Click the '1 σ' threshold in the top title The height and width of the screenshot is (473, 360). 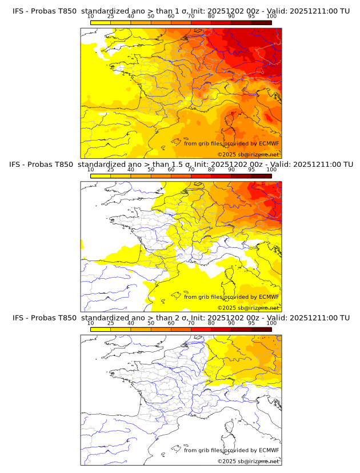[x=187, y=11]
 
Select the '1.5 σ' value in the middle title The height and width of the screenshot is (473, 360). [x=190, y=164]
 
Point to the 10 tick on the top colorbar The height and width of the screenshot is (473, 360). [x=90, y=16]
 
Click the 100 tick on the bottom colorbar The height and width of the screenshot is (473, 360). [x=271, y=323]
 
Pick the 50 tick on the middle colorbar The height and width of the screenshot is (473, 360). [x=151, y=170]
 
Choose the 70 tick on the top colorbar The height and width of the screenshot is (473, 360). [x=191, y=16]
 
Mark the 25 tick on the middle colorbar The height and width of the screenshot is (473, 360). [x=110, y=170]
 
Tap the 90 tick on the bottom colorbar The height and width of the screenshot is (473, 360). [x=231, y=323]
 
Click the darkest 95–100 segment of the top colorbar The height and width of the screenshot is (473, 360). [x=261, y=22]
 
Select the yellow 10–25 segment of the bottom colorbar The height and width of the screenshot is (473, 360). [x=101, y=329]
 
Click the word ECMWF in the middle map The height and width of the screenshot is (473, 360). [x=269, y=297]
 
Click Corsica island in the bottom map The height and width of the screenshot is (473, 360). [x=230, y=426]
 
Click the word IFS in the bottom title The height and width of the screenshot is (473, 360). [x=19, y=317]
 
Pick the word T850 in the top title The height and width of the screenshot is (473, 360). [x=65, y=11]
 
